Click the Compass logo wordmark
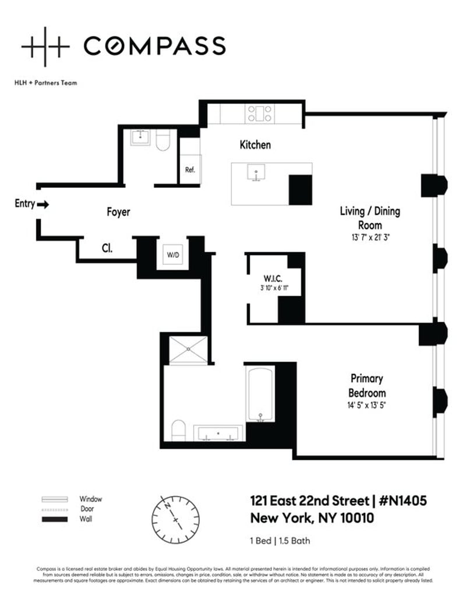coord(154,45)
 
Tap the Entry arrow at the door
coord(43,204)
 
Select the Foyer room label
coord(118,212)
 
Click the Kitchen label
coord(255,145)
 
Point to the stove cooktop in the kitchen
coord(259,113)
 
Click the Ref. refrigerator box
coord(190,170)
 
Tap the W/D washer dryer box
coord(173,254)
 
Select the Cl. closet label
coord(107,248)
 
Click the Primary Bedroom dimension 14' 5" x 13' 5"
coord(367,405)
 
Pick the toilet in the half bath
coord(163,140)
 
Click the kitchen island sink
coord(255,173)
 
